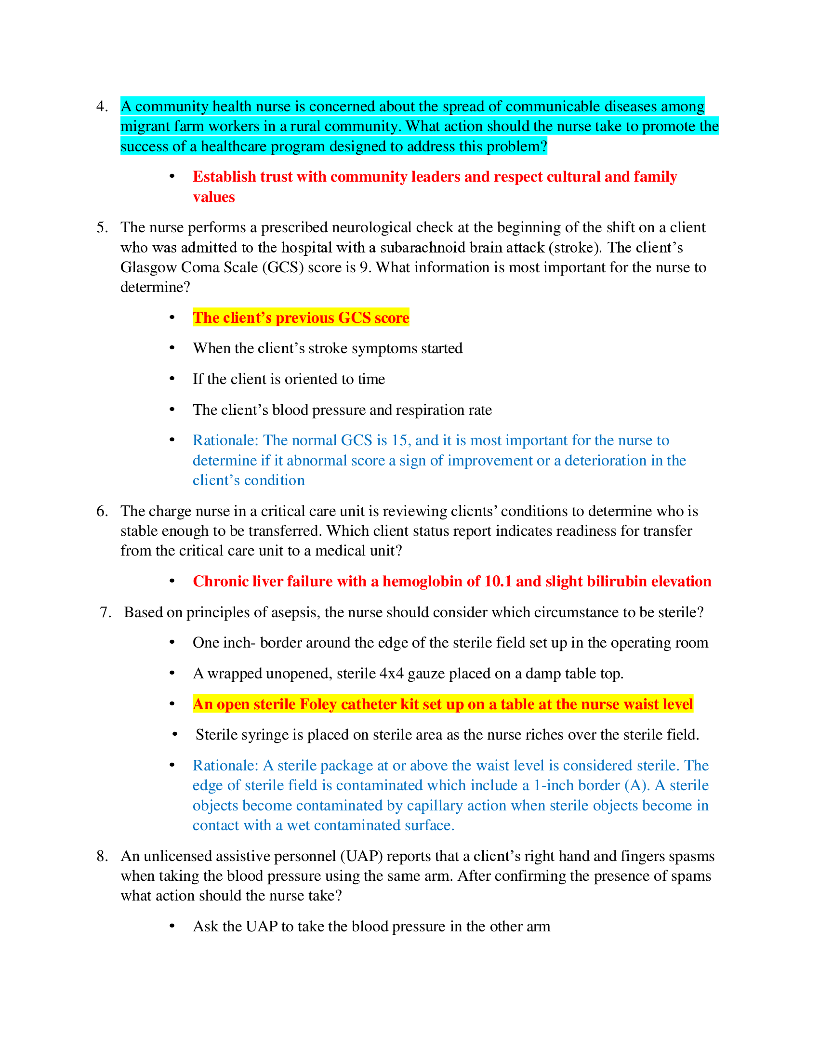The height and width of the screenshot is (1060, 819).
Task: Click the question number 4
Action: tap(102, 106)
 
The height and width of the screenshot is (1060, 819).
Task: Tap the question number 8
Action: tap(102, 856)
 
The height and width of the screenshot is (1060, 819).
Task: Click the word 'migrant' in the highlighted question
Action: tap(142, 127)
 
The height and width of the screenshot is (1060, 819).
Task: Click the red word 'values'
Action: tap(213, 197)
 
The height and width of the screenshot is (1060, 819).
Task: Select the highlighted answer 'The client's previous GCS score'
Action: tap(301, 318)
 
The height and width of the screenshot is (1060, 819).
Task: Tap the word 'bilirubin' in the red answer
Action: tap(616, 582)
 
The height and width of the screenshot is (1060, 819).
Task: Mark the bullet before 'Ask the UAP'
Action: tap(172, 926)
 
